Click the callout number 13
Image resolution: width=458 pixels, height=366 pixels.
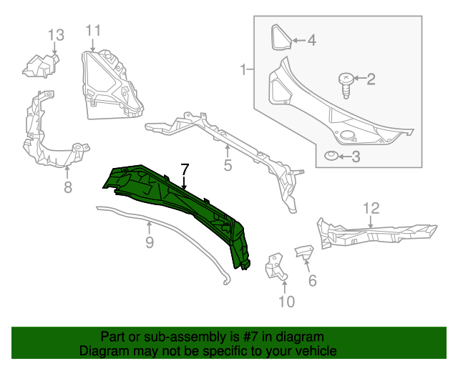point(56,34)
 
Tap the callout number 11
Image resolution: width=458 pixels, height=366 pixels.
point(94,30)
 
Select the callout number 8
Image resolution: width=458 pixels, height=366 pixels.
point(68,187)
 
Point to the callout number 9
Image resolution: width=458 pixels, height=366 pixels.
point(150,242)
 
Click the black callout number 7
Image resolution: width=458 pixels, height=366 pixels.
point(185,169)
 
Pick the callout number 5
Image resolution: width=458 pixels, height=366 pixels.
point(228,167)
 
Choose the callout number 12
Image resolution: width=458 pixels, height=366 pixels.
point(371,209)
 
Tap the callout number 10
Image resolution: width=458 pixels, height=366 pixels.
point(286,302)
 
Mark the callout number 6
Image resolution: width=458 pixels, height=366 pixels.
point(312,280)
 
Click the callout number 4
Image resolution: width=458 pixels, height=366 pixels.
point(311,41)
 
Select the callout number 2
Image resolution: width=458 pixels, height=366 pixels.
point(371,79)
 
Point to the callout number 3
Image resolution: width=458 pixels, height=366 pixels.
point(356,157)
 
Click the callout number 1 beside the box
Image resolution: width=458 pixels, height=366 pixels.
point(244,70)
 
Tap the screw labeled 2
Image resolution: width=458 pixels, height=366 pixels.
point(346,83)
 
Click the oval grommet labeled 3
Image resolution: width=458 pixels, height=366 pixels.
point(331,157)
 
